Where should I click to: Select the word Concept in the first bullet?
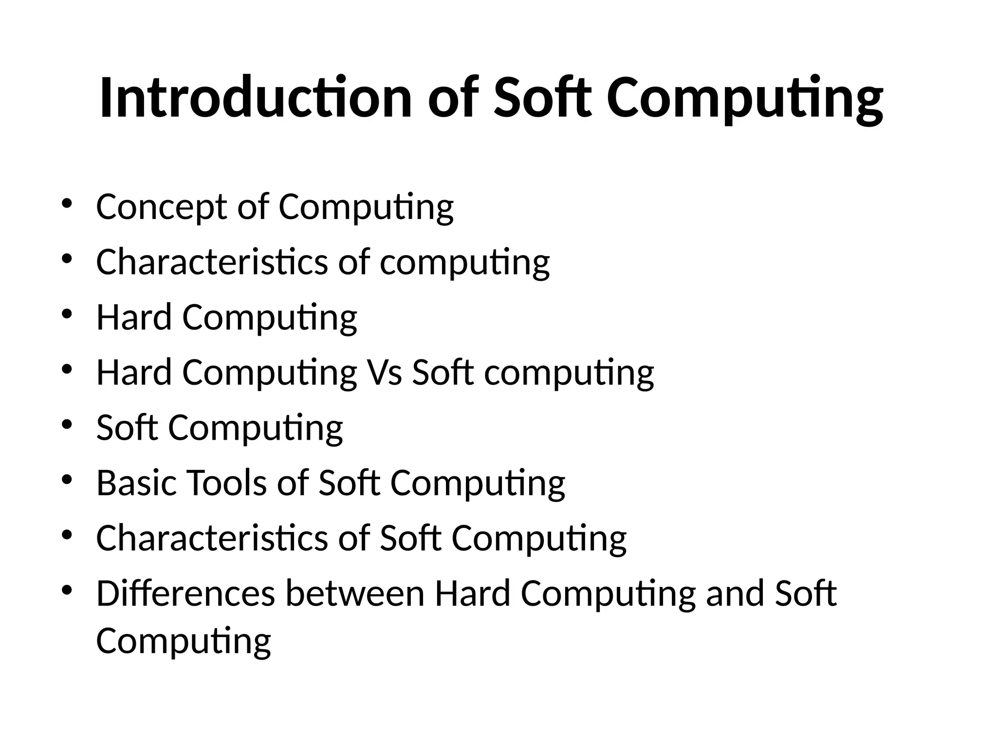click(x=161, y=207)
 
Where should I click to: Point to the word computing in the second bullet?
click(x=464, y=262)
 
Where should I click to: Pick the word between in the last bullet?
click(x=355, y=594)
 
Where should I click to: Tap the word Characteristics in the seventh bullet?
click(x=212, y=538)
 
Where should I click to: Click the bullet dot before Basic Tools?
click(x=67, y=479)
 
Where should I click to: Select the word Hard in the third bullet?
click(x=134, y=318)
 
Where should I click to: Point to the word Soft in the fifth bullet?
click(x=127, y=428)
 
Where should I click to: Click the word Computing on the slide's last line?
click(x=184, y=641)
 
